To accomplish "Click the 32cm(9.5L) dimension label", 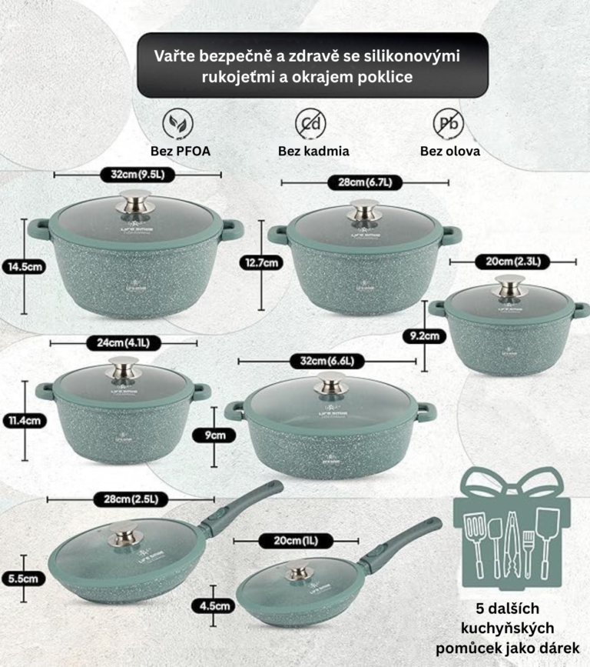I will tap(138, 175).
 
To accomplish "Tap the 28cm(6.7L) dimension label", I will tap(364, 182).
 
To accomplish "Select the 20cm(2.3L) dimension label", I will tap(509, 262).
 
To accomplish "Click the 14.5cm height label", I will tap(24, 267).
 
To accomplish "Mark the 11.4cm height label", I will tap(24, 420).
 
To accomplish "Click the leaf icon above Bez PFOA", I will tap(178, 123).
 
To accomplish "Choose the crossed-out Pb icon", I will tap(449, 123).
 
